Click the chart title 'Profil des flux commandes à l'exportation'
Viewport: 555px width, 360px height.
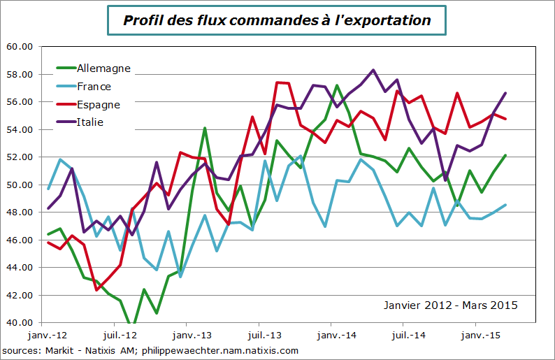point(277,20)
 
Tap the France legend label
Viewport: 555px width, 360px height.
point(94,87)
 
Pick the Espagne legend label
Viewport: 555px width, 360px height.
point(98,105)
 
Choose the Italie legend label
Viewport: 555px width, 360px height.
point(90,122)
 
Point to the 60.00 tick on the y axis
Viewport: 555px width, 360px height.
point(20,47)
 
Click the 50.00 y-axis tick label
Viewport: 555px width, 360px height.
point(20,185)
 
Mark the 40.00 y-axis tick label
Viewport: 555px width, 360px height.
point(20,322)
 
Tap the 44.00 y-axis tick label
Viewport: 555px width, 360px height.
point(20,268)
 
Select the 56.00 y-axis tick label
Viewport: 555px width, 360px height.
point(20,102)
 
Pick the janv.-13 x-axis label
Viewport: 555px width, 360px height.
point(188,335)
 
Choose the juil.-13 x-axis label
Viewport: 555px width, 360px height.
point(261,335)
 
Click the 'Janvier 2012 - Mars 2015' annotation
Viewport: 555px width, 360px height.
point(451,305)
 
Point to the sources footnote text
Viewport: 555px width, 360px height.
point(150,350)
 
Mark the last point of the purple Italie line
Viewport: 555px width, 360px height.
point(505,93)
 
